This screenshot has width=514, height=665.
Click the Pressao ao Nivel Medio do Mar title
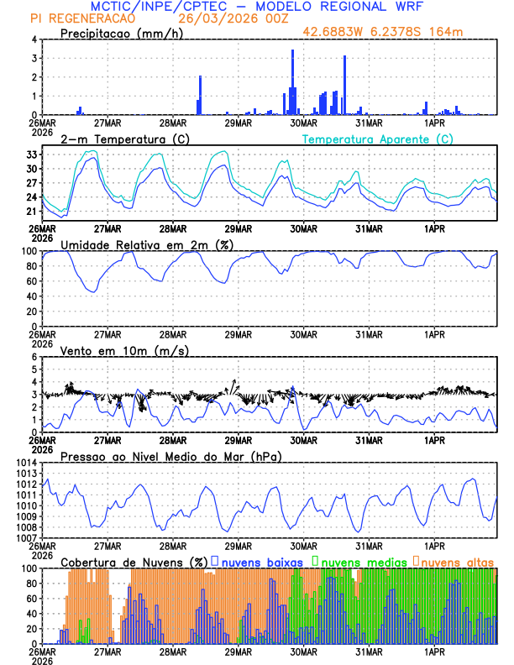tap(170, 456)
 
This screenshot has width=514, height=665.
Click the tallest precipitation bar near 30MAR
tap(292, 81)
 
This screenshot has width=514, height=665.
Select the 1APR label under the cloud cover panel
tap(434, 651)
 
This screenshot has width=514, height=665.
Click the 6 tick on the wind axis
tap(34, 358)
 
